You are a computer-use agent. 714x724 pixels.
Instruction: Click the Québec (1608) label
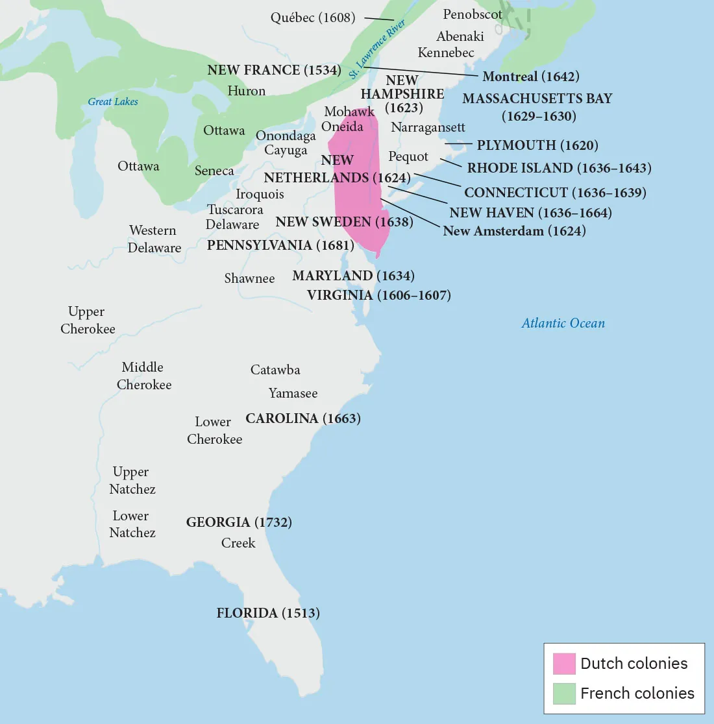(x=313, y=18)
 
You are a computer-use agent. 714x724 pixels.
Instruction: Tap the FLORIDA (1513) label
(x=268, y=613)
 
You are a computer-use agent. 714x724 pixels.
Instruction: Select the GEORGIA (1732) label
(x=239, y=522)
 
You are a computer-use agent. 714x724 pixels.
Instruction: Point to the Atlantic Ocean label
(x=563, y=323)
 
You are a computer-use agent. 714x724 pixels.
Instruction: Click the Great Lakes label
(x=113, y=101)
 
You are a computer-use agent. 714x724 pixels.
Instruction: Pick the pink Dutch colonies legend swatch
(x=564, y=664)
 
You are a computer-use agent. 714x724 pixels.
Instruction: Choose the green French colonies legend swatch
(x=564, y=693)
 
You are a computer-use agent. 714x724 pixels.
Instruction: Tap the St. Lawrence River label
(x=377, y=49)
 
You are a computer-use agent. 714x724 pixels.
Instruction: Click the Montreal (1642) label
(x=530, y=77)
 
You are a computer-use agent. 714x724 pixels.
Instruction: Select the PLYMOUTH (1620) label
(x=537, y=145)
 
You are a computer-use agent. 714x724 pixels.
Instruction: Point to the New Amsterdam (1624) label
(x=514, y=231)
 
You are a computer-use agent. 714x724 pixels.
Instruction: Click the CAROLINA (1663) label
(x=303, y=418)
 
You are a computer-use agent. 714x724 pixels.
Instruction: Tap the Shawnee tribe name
(x=249, y=278)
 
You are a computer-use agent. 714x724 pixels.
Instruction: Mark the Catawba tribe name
(x=275, y=370)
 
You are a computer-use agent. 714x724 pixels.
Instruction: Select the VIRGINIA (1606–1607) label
(x=378, y=295)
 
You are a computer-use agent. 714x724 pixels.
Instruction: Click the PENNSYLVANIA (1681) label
(x=280, y=245)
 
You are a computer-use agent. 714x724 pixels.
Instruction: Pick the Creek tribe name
(x=238, y=543)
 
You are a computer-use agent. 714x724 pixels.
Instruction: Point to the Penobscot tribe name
(x=473, y=14)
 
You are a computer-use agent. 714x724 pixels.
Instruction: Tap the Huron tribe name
(x=246, y=91)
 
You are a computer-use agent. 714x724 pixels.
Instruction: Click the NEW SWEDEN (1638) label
(x=344, y=222)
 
